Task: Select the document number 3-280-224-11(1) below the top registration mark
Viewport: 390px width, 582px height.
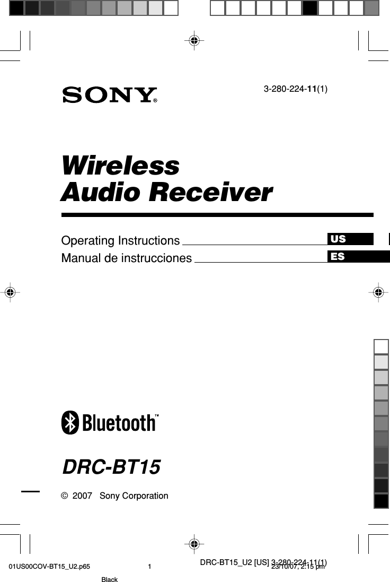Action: [295, 89]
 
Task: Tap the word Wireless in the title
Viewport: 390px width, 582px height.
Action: [120, 166]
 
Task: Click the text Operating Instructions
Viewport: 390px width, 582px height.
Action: [120, 241]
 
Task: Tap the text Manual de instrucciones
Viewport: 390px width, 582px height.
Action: [126, 258]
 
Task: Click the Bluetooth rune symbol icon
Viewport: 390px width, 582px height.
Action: [70, 423]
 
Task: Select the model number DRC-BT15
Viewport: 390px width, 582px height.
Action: [111, 467]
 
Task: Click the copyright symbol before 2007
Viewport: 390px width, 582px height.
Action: [64, 496]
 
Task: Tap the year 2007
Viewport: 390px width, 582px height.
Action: [82, 496]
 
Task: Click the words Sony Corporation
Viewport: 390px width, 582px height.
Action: [134, 496]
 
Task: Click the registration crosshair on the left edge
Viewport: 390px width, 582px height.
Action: [10, 291]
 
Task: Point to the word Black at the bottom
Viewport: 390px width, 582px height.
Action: [109, 579]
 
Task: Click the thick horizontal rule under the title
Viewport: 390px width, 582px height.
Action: [217, 215]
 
